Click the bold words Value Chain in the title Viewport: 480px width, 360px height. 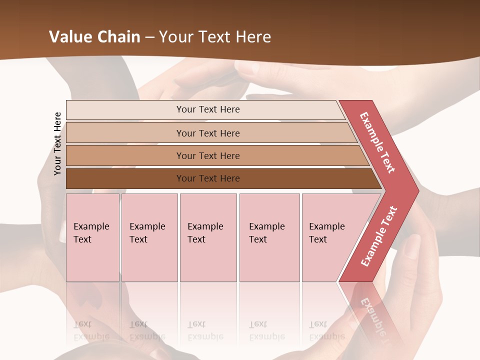click(x=94, y=37)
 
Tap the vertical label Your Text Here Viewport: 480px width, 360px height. click(x=57, y=144)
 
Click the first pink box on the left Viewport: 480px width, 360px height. click(x=92, y=237)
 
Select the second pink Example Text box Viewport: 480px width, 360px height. click(x=149, y=237)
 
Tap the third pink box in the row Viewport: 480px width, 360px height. click(x=208, y=237)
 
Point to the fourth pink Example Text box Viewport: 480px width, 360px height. click(x=269, y=237)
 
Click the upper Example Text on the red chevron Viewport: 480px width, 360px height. click(x=377, y=142)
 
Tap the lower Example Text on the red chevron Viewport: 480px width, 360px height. click(x=378, y=236)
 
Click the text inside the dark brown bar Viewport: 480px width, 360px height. click(x=208, y=178)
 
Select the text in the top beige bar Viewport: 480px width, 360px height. click(x=208, y=109)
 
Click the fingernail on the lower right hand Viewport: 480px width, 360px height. click(x=412, y=244)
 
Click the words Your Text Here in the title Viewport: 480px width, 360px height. click(x=215, y=37)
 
